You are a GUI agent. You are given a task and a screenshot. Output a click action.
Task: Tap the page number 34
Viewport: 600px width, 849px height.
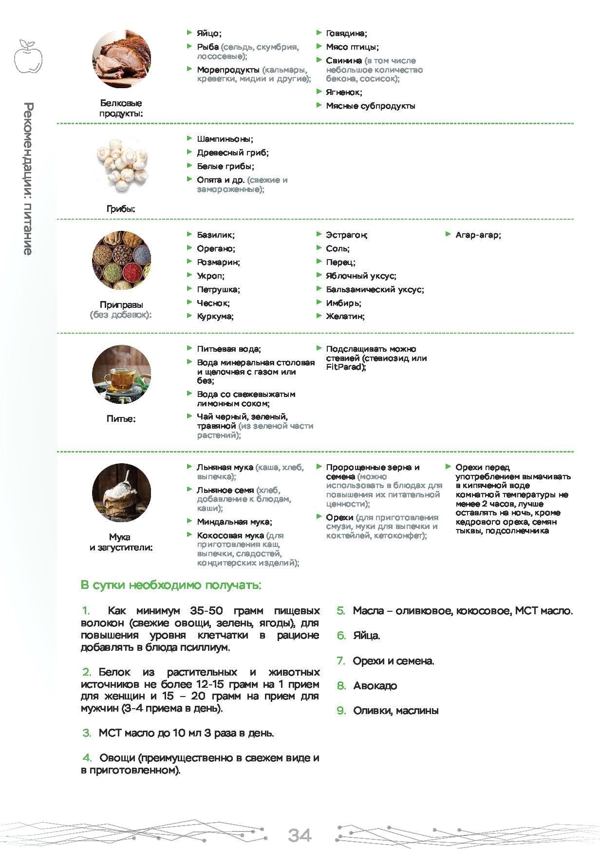click(300, 835)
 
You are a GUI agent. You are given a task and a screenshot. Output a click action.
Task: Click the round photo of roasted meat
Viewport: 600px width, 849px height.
click(121, 59)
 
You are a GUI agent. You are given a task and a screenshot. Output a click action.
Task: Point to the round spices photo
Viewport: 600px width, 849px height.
click(121, 261)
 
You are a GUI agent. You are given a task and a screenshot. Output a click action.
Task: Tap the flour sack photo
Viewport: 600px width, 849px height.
click(121, 492)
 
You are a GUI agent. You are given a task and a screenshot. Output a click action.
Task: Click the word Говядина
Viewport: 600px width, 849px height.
click(346, 34)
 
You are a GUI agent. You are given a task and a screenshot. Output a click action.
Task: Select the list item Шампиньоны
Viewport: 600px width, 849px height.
click(225, 139)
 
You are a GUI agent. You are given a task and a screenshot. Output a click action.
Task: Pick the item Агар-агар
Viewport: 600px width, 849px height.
click(478, 235)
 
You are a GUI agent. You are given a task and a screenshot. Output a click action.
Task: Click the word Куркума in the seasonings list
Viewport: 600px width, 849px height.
click(215, 317)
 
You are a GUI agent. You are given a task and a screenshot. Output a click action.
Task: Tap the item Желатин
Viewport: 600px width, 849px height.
click(345, 317)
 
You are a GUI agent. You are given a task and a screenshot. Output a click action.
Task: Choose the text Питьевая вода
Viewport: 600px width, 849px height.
click(228, 349)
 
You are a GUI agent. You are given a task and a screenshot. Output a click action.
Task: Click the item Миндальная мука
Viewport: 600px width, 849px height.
click(234, 522)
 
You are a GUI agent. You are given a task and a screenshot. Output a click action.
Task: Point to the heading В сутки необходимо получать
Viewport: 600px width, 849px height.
click(170, 585)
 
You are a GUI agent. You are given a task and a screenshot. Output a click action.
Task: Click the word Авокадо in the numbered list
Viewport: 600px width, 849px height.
click(375, 686)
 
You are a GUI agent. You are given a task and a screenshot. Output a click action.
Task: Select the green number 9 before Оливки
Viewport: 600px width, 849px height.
click(341, 711)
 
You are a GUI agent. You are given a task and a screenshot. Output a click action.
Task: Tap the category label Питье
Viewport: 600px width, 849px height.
click(121, 419)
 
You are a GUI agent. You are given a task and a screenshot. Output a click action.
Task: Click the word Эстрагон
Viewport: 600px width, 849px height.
click(346, 235)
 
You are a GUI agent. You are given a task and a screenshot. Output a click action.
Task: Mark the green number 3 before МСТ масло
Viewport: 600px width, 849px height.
click(87, 733)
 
